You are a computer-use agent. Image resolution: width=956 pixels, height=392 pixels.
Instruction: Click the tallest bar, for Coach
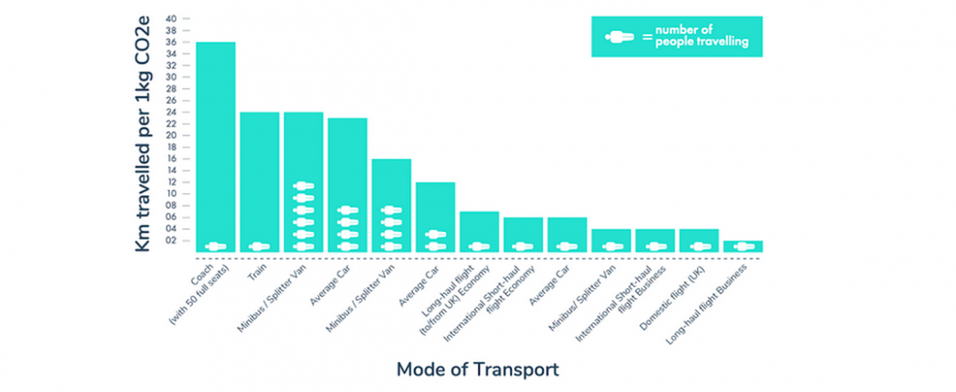pyautogui.click(x=216, y=143)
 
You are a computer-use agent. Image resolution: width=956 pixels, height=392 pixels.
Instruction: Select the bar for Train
pyautogui.click(x=259, y=176)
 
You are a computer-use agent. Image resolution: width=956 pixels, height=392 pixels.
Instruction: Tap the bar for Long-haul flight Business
pyautogui.click(x=743, y=247)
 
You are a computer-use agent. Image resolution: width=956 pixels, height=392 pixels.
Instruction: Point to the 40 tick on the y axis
pyautogui.click(x=171, y=18)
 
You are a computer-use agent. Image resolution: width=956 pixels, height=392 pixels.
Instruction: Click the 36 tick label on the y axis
pyautogui.click(x=171, y=42)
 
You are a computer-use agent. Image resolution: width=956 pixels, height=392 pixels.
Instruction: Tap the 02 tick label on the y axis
pyautogui.click(x=171, y=241)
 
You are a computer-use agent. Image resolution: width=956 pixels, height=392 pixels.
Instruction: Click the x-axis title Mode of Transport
pyautogui.click(x=477, y=369)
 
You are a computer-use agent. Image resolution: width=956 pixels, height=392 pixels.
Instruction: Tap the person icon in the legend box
pyautogui.click(x=620, y=37)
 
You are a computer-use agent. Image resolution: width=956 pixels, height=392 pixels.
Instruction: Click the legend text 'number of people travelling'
pyautogui.click(x=701, y=37)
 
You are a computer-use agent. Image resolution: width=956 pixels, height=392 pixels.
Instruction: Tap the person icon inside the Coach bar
pyautogui.click(x=216, y=247)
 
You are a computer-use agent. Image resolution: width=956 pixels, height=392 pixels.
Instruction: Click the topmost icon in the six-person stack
pyautogui.click(x=304, y=186)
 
